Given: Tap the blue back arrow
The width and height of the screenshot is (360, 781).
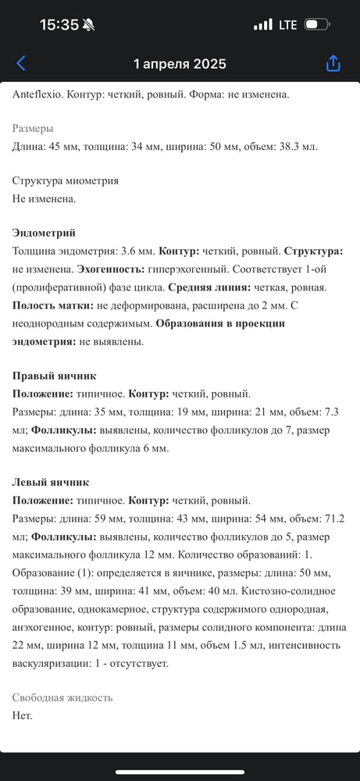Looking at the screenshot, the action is coord(21,63).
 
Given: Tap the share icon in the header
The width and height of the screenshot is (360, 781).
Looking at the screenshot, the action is coord(333,63).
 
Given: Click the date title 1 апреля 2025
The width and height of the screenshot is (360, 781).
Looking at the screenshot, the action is coord(180,64).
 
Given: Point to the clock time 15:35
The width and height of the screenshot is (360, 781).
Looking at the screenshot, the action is coord(59,25).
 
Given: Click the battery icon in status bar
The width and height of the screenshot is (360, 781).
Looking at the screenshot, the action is coord(316,25).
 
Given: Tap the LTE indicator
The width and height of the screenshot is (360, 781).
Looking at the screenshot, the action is coord(287,25).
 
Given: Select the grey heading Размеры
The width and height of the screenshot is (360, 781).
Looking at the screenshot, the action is coord(33,129).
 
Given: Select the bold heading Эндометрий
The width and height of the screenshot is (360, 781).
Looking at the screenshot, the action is coord(45,234).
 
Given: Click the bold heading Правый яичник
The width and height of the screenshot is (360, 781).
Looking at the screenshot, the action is coord(55,376).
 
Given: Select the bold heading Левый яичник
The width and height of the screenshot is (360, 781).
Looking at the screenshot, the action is coord(51,483).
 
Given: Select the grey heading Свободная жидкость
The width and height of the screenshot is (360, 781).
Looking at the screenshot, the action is coord(62,697).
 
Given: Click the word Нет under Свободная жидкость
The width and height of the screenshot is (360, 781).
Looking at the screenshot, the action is coord(22,715).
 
